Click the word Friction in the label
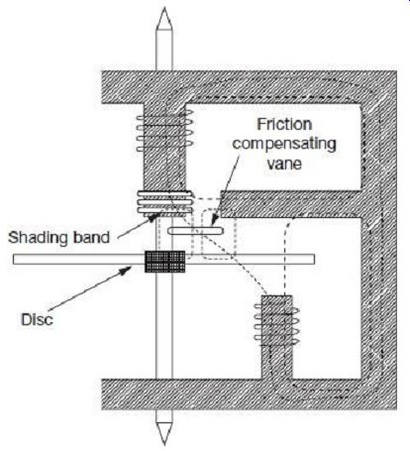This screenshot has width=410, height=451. pos(284,124)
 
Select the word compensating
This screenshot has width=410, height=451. pos(284,144)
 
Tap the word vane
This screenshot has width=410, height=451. pos(284,164)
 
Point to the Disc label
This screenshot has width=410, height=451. pos(37,319)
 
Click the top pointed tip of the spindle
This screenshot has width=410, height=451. pos(164,8)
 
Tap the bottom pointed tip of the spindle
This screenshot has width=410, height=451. pos(164,444)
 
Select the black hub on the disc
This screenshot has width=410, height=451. pos(164,262)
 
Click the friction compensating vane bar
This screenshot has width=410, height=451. pos(196,230)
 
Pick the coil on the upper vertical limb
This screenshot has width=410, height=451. pos(164,131)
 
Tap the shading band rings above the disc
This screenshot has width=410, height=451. pos(164,202)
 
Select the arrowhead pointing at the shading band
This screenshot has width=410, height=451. pos(153,216)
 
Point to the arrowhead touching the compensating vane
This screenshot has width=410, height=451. pos(214,220)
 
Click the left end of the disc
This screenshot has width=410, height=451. pos(14,259)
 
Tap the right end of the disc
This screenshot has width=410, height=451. pos(314,259)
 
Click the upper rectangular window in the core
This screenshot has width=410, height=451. pos(272,147)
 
